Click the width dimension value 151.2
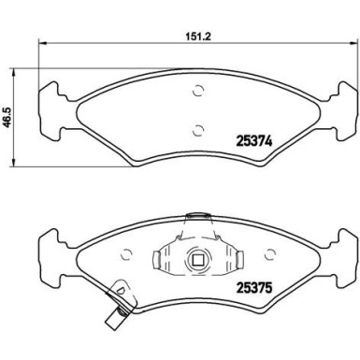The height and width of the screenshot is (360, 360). pos(198,36)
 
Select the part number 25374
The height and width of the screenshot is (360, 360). pos(254,142)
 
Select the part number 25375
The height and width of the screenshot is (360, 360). pos(254,287)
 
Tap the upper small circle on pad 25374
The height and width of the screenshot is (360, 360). pos(198,91)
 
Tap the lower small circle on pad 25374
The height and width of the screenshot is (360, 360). pos(198,130)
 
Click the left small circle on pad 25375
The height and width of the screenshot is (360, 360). pos(126,254)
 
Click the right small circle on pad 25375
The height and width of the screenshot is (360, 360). pos(270,254)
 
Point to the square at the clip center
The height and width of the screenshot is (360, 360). pos(198,260)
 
